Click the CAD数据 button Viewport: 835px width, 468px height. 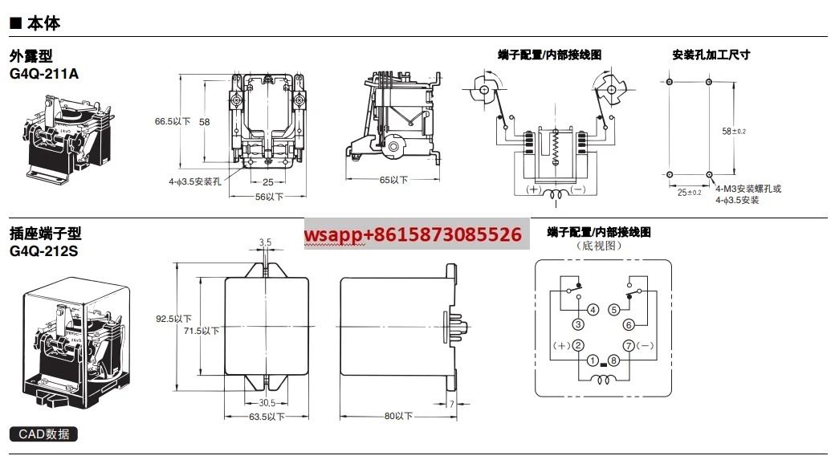(43, 434)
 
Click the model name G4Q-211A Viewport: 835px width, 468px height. (44, 74)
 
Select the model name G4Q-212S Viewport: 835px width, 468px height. (43, 250)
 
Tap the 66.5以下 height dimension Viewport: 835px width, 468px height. (173, 121)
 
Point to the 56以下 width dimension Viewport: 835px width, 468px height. (269, 197)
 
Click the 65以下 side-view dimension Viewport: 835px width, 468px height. (393, 180)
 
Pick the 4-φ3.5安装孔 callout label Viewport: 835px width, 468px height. (195, 181)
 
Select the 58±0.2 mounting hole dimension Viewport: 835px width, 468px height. (734, 131)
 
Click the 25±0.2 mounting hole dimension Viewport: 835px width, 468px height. (689, 192)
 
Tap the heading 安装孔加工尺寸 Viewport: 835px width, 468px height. (711, 55)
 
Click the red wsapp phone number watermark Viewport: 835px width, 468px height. (413, 234)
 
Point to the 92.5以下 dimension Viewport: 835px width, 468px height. (173, 319)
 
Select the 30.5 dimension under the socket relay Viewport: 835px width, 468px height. (267, 403)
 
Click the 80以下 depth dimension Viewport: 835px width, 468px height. (398, 416)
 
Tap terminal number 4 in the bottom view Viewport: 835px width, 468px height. (593, 310)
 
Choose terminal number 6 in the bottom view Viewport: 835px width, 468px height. (629, 324)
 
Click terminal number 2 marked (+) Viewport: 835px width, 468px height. (578, 345)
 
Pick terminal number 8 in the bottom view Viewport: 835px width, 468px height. (613, 360)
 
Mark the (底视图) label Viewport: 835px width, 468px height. (599, 246)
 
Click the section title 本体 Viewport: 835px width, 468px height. (43, 23)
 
